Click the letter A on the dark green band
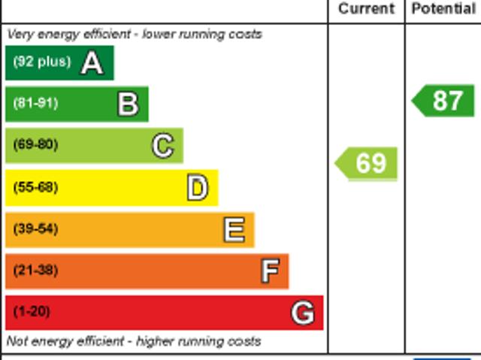pos(92,63)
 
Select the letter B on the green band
pos(128,104)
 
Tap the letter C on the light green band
pos(162,145)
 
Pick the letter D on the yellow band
pos(197,187)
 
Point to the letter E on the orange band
pos(234,229)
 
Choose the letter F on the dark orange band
pos(270,271)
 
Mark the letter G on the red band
pos(303,312)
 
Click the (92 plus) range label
pos(41,62)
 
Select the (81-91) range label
pos(35,104)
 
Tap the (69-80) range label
pos(35,145)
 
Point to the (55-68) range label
pos(35,187)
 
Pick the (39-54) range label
pos(35,229)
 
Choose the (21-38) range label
pos(35,271)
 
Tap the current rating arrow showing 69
pos(367,163)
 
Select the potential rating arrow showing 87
pos(444,101)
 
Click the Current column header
pos(366,9)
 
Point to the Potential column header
pos(443,9)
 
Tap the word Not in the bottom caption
pos(17,341)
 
